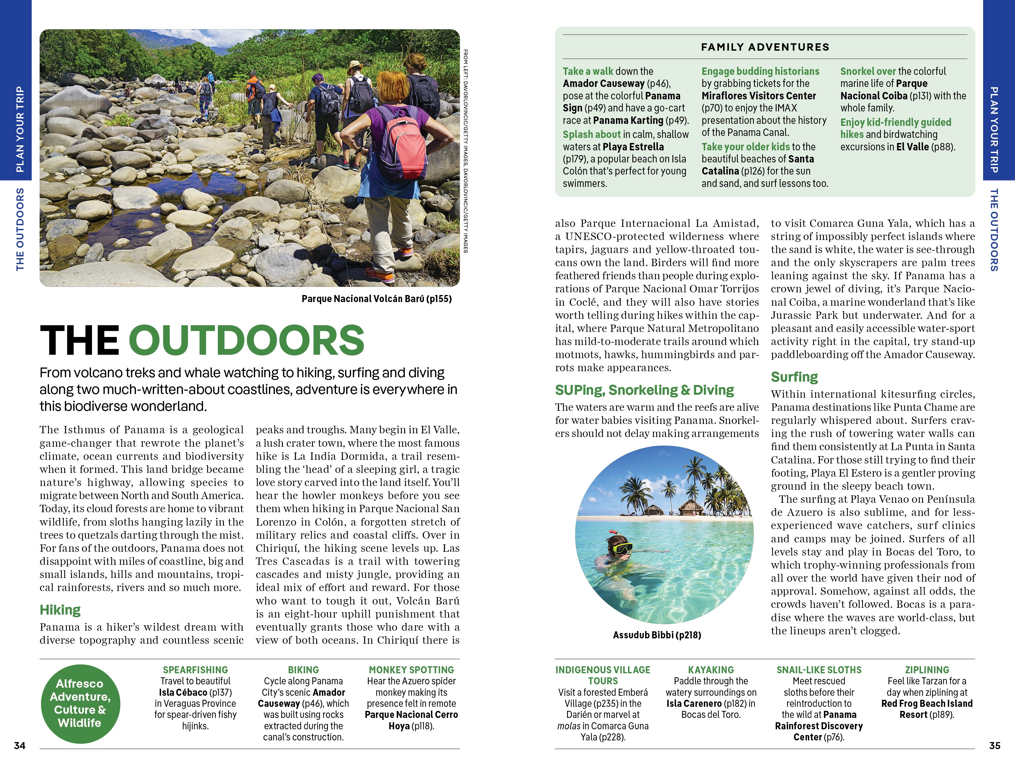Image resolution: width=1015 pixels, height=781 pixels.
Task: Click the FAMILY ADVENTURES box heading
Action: [x=765, y=47]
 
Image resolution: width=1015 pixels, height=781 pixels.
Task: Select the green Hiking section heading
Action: [x=60, y=609]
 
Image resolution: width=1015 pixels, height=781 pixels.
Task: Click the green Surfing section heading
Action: [x=794, y=377]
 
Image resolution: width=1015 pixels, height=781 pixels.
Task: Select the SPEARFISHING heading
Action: [x=195, y=670]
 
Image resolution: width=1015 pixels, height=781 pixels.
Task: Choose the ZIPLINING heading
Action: [x=927, y=670]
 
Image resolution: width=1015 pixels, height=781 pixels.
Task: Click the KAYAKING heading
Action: [x=711, y=670]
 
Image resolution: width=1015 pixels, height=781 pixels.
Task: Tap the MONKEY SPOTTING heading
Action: [x=411, y=670]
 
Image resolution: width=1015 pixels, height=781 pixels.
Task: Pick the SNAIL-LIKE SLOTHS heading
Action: [x=819, y=670]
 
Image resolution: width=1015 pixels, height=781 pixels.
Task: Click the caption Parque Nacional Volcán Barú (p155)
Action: [x=377, y=299]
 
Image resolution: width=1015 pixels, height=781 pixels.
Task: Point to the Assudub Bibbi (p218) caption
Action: [x=657, y=635]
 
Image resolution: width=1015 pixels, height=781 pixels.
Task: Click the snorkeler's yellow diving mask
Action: [x=622, y=548]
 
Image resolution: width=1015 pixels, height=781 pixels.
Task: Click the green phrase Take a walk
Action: [x=588, y=71]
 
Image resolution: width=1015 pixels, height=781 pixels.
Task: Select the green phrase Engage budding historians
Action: [x=760, y=71]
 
